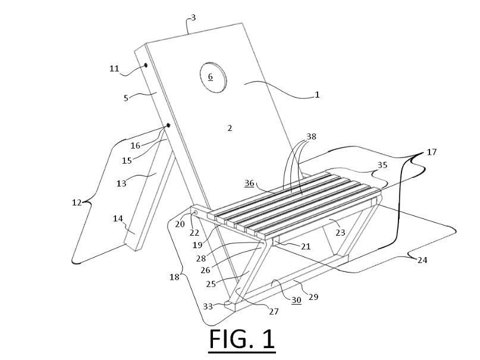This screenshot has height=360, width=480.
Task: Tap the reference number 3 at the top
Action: pos(193,18)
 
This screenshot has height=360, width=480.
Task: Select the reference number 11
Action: pos(114,68)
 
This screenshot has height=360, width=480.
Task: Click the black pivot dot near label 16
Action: pos(168,125)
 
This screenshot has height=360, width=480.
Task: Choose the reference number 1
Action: pos(317,94)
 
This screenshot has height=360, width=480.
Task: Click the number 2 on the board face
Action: pos(230,127)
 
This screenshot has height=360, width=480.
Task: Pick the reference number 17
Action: pos(432,152)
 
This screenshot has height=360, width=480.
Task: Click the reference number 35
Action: pos(382,165)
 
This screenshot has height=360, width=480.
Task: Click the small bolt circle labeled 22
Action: pos(196,212)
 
